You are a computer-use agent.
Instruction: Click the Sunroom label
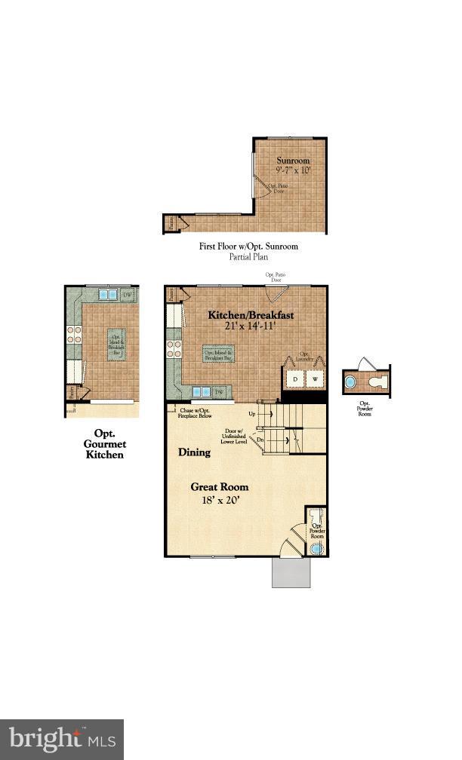pos(292,161)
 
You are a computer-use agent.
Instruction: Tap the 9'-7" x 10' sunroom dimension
pos(292,170)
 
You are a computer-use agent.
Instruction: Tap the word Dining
pos(194,453)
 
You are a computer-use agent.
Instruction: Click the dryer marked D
pos(295,378)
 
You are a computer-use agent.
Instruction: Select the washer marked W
pos(314,378)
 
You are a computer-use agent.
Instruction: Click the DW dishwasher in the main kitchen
pos(219,392)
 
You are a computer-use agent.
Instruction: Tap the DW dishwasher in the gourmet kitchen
pos(128,295)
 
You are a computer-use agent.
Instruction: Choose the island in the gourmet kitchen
pos(116,345)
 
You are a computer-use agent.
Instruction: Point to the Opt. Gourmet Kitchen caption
pos(103,444)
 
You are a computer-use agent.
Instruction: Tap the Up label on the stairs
pos(252,414)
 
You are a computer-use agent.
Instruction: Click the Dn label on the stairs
pos(260,439)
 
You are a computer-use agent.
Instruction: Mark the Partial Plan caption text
pos(248,256)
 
